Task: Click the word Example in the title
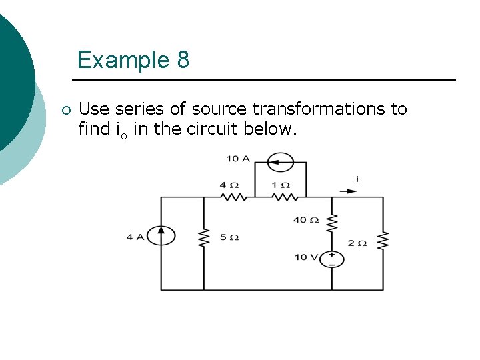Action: coord(123,61)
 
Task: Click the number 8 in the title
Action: coord(183,61)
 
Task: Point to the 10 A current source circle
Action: coord(281,161)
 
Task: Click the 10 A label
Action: coord(238,159)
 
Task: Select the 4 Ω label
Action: coord(229,184)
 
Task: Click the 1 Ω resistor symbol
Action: coord(285,197)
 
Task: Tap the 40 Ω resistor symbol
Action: coord(332,221)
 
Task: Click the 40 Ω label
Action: coord(306,220)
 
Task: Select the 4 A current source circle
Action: coord(161,235)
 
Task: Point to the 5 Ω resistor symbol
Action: coord(203,237)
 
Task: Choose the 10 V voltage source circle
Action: coord(332,259)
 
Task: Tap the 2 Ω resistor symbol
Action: coord(383,241)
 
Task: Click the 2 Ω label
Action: coord(357,243)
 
